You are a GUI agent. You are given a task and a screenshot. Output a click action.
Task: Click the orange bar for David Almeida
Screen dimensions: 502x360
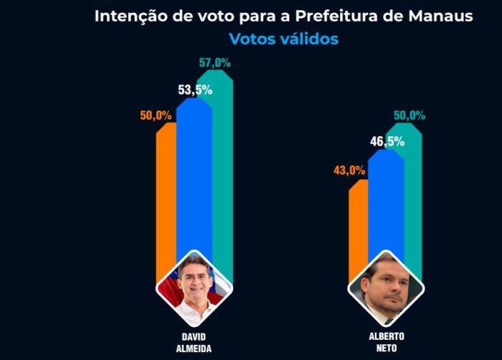pyautogui.click(x=166, y=199)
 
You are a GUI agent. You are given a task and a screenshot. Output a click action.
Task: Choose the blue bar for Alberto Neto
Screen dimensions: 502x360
pyautogui.click(x=386, y=205)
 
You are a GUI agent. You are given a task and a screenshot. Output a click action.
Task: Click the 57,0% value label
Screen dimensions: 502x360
pyautogui.click(x=215, y=63)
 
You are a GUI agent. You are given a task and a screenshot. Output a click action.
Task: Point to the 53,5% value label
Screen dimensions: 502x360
pyautogui.click(x=195, y=90)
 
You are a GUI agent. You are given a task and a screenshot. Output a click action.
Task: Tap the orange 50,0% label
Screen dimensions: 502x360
pyautogui.click(x=156, y=115)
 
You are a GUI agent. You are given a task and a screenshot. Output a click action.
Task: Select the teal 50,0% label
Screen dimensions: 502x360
pyautogui.click(x=409, y=115)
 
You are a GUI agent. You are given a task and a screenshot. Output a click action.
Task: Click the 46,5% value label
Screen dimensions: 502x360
pyautogui.click(x=387, y=141)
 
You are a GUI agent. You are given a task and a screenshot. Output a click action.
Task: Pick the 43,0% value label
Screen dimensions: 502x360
pyautogui.click(x=349, y=171)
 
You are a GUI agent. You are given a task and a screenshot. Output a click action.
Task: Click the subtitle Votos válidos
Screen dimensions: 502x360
pyautogui.click(x=284, y=39)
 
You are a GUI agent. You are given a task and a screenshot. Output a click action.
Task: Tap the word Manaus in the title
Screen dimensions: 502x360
pyautogui.click(x=440, y=16)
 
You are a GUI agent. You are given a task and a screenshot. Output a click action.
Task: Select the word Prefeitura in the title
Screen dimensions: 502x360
pyautogui.click(x=336, y=16)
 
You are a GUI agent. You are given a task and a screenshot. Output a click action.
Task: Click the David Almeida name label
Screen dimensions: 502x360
pyautogui.click(x=194, y=343)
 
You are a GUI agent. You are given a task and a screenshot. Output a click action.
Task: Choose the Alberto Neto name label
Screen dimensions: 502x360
pyautogui.click(x=387, y=342)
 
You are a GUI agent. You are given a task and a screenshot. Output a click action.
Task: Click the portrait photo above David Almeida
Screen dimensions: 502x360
pyautogui.click(x=194, y=288)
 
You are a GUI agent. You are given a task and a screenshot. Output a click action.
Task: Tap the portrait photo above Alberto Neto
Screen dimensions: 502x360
pyautogui.click(x=386, y=288)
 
